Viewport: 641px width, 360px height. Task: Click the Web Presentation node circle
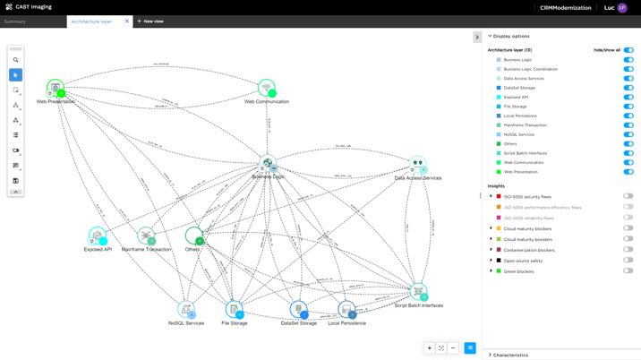click(x=55, y=88)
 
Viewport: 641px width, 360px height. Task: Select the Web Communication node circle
click(x=266, y=88)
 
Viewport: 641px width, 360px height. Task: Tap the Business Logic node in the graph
click(x=267, y=164)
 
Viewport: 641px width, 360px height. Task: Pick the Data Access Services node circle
click(x=417, y=165)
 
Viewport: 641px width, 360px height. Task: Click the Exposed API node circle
click(x=98, y=236)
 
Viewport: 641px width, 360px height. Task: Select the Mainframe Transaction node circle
click(x=146, y=236)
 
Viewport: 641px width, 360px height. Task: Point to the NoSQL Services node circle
click(x=186, y=310)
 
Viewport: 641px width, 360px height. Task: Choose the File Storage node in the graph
click(x=234, y=310)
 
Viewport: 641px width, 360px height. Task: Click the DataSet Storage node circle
click(x=299, y=310)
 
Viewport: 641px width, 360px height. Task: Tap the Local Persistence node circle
click(x=346, y=310)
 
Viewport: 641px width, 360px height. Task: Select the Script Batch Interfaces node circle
click(x=418, y=292)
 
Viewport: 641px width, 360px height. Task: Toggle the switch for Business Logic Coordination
click(x=628, y=69)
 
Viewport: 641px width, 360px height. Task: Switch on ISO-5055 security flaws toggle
click(x=628, y=196)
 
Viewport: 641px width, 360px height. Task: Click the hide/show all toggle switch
click(x=628, y=50)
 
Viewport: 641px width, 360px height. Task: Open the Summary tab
click(x=15, y=21)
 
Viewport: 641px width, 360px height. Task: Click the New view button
click(x=150, y=21)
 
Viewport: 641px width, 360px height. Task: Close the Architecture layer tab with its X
click(x=127, y=21)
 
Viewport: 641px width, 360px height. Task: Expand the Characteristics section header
click(x=510, y=355)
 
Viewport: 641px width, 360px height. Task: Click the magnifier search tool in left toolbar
click(x=15, y=60)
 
